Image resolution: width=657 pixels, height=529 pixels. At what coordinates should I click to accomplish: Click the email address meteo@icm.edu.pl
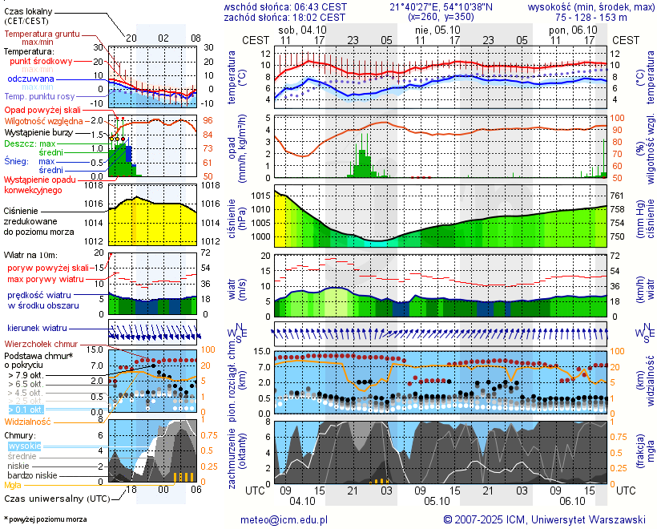[284, 519]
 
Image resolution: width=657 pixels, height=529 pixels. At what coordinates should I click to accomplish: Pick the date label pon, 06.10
[569, 28]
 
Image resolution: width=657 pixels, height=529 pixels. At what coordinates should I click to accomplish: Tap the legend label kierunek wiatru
[37, 329]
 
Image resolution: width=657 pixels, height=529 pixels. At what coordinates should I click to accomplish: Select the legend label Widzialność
[27, 421]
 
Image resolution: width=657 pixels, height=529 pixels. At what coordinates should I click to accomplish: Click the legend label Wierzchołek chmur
[46, 343]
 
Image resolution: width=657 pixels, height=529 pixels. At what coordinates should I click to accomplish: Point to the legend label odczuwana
[30, 79]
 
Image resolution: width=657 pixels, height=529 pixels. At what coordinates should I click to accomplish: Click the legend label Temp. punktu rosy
[40, 96]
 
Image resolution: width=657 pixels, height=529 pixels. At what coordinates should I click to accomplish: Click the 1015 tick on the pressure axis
[258, 196]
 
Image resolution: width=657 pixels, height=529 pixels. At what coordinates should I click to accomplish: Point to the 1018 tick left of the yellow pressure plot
[95, 185]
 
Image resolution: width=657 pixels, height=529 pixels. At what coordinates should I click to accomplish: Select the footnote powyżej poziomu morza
[47, 519]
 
